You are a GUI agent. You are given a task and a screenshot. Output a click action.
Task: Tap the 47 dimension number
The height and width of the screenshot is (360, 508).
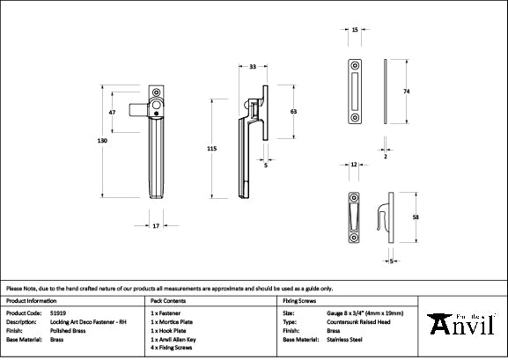(112, 114)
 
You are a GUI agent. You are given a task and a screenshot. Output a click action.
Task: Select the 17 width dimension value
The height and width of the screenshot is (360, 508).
(157, 227)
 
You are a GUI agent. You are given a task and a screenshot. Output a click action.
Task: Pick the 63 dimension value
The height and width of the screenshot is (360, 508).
(293, 112)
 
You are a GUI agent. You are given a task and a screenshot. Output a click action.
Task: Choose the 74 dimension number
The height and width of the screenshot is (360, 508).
(407, 91)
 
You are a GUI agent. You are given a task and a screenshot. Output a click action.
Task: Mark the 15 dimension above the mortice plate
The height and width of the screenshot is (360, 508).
(355, 30)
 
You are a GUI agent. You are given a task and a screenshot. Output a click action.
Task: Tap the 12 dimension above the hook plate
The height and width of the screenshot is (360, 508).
(353, 165)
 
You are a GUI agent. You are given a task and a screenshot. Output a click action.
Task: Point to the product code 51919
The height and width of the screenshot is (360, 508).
(58, 312)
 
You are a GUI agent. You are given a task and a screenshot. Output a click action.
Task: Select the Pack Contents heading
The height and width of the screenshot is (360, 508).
(170, 300)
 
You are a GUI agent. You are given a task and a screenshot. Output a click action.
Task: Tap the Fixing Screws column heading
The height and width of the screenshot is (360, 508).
(300, 300)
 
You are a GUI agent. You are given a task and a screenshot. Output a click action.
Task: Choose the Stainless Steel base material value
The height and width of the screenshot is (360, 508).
(343, 338)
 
